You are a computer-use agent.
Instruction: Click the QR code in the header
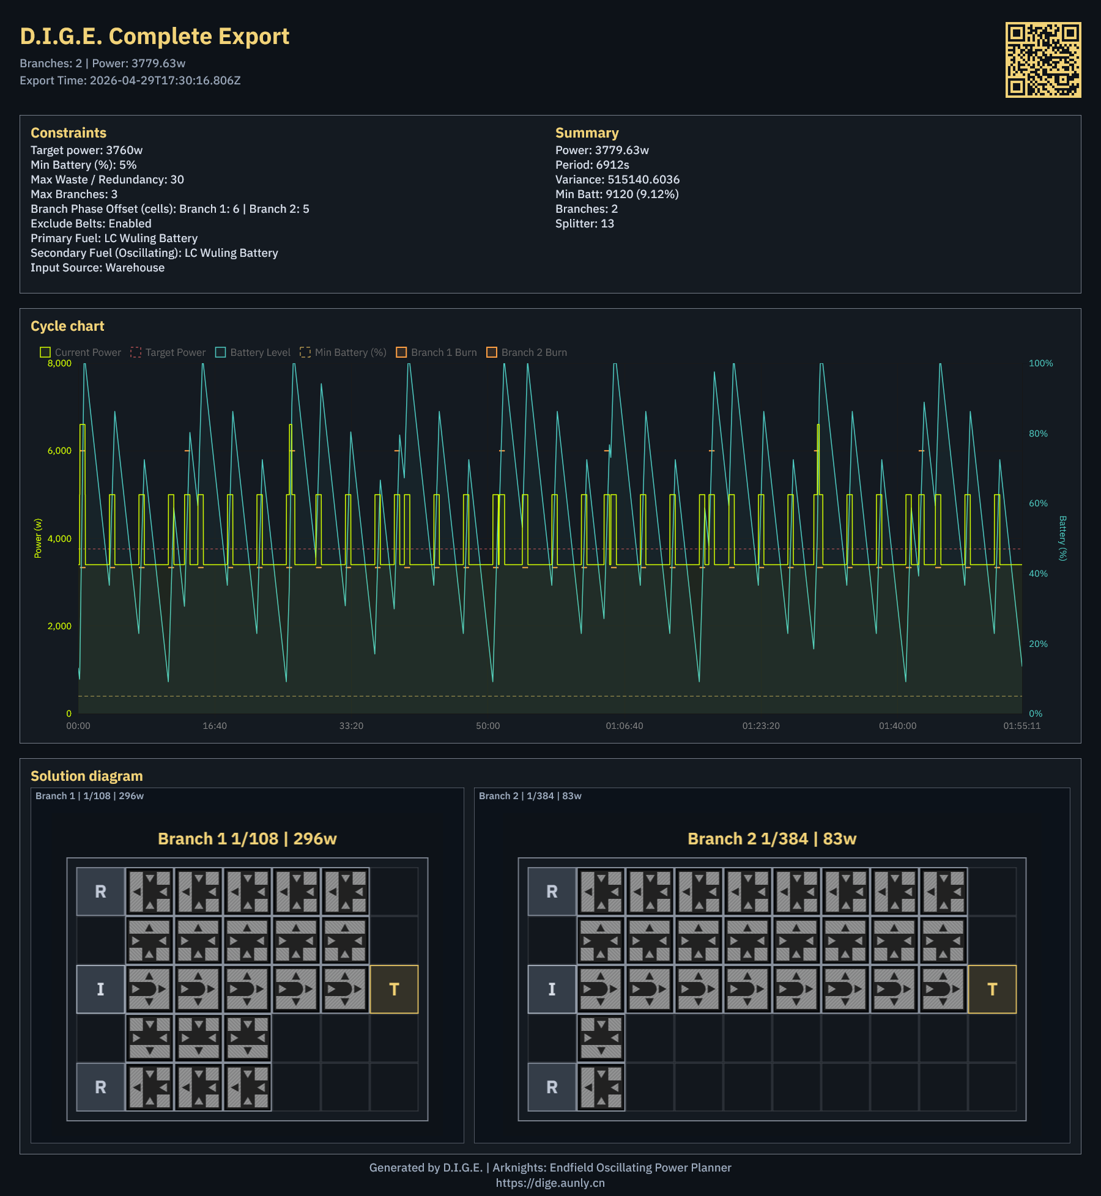[1043, 60]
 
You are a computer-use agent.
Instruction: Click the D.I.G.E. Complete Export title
[154, 37]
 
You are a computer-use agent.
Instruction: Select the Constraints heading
[69, 133]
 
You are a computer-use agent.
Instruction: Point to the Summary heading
[587, 133]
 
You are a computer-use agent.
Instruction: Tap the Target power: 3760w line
[86, 150]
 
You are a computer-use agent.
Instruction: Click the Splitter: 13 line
[584, 224]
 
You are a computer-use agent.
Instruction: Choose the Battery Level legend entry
[253, 352]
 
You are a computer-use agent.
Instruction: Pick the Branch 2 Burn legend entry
[527, 352]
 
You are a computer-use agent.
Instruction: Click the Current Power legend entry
[81, 352]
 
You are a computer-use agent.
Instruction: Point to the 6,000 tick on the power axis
[59, 451]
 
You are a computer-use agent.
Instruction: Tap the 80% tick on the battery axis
[1038, 434]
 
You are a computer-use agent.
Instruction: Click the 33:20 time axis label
[351, 726]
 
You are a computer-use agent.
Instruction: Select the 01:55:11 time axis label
[1021, 726]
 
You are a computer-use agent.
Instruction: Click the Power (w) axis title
[38, 538]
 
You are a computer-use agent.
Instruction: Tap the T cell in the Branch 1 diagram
[394, 989]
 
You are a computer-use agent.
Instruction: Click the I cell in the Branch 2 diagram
[552, 989]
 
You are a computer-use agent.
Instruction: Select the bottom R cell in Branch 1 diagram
[100, 1087]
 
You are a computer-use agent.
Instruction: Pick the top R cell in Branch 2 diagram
[552, 891]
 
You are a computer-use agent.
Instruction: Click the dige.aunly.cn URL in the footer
[550, 1183]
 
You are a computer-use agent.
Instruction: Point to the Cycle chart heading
[67, 326]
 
